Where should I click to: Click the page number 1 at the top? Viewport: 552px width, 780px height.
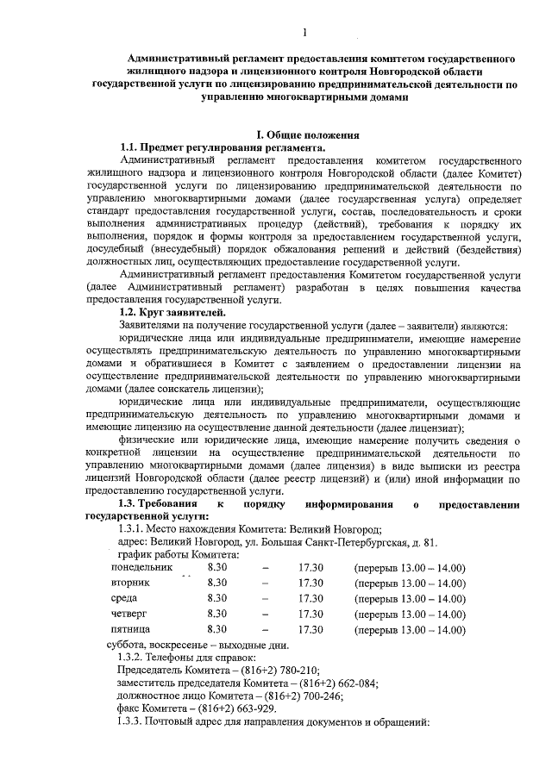coord(305,34)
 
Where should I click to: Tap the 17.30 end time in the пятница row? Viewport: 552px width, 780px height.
coord(310,629)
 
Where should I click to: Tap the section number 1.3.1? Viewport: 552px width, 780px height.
coord(131,528)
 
